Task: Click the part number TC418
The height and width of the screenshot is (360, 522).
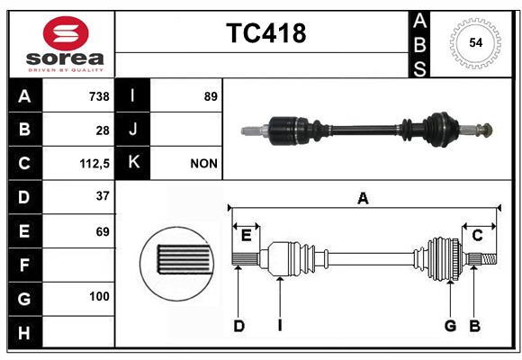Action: pos(265,33)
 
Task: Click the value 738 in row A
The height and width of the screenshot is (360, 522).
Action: pos(98,96)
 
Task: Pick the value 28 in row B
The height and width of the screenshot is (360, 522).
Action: pos(102,130)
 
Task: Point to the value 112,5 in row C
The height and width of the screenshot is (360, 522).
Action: pos(94,164)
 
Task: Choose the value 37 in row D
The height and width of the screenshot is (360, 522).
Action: pos(102,196)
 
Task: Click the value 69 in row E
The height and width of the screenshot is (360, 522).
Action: pos(102,231)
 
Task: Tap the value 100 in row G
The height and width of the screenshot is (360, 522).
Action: pos(99,296)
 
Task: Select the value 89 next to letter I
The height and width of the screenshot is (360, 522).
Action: pos(211,96)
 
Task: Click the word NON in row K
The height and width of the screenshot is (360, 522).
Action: pos(204,164)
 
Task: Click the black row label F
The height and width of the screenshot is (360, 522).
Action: pos(23,265)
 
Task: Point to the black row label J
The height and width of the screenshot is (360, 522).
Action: pos(133,130)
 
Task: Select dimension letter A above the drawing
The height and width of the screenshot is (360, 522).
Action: pos(363,198)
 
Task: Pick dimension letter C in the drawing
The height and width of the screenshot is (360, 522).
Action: pos(477,235)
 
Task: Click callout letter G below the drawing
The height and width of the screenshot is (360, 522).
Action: pos(450,326)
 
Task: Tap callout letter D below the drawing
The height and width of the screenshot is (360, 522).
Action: pos(238,326)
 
